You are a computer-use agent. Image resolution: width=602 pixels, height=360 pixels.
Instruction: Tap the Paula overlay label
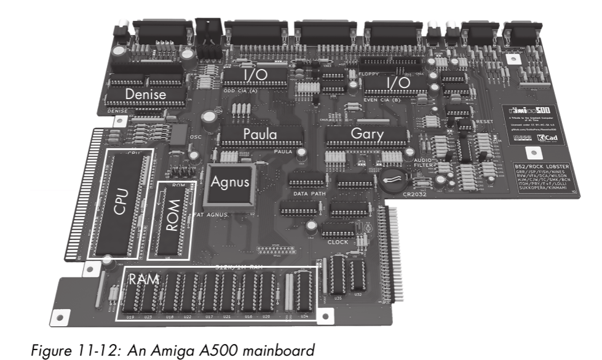click(259, 134)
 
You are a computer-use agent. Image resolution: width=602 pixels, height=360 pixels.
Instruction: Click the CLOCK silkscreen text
click(338, 242)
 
